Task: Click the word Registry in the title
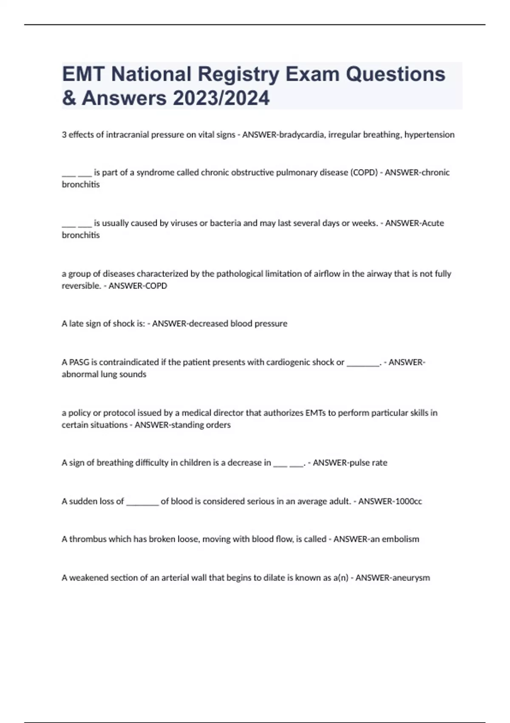click(238, 74)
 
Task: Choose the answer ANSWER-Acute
click(414, 223)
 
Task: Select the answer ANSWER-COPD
click(138, 286)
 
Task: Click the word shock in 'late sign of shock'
click(124, 324)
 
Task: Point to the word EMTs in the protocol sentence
click(314, 413)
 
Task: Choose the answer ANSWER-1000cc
click(390, 501)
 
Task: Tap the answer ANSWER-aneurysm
click(393, 578)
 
